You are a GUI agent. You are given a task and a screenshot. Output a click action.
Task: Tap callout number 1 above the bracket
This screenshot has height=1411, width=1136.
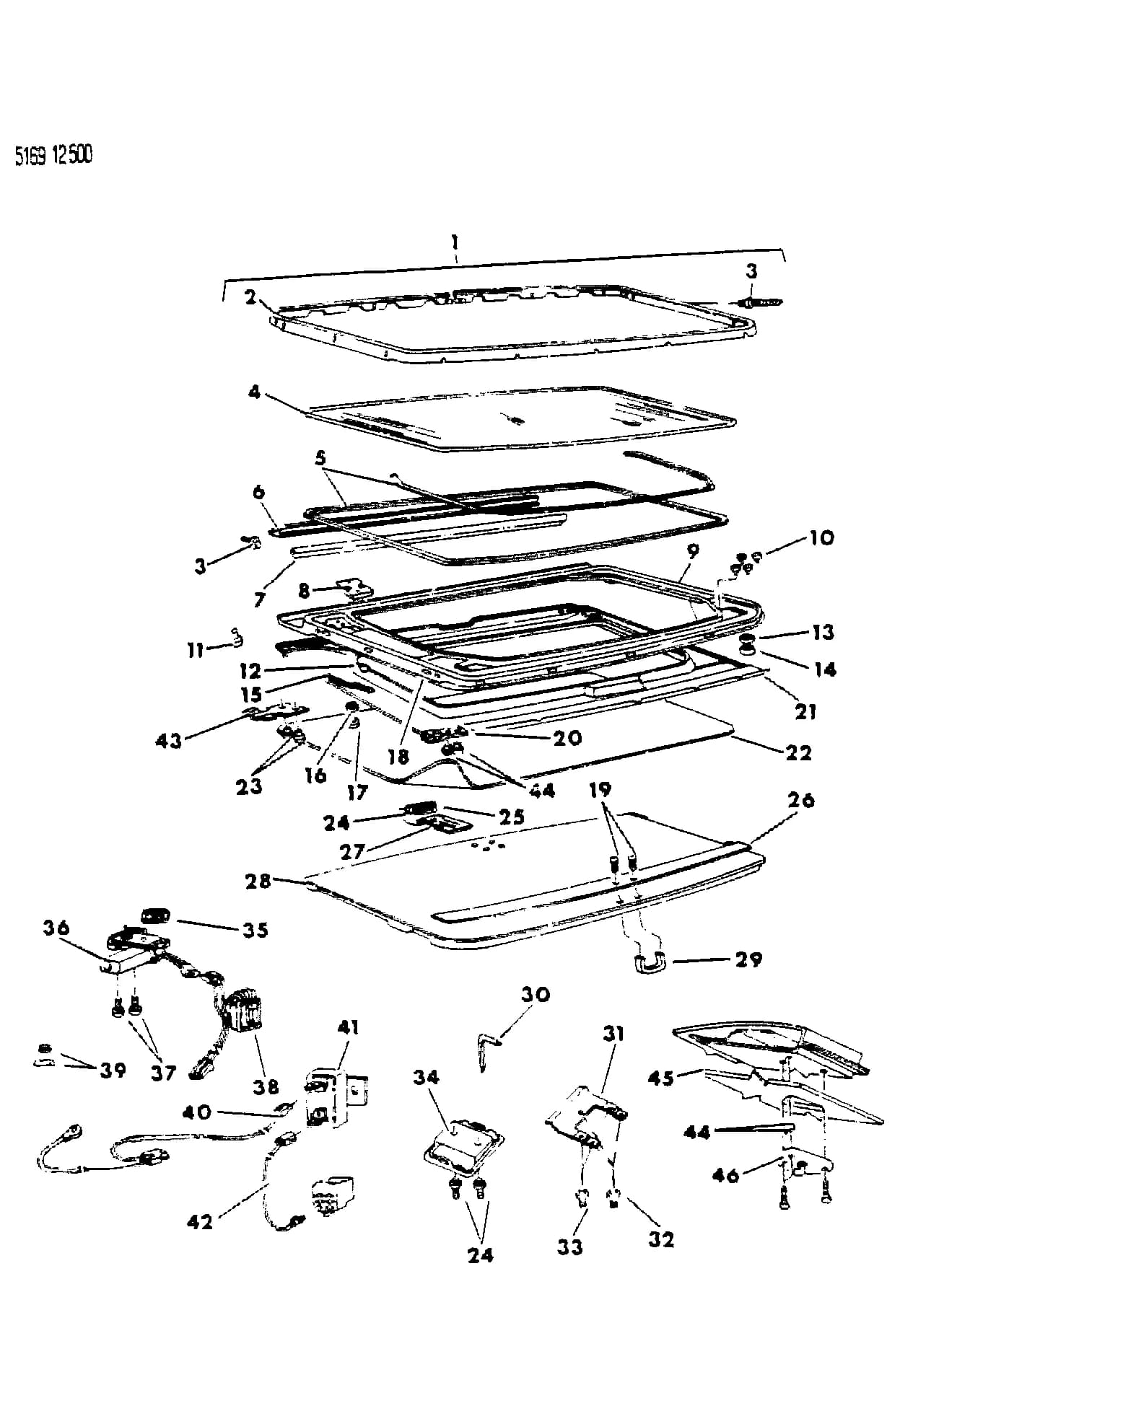click(x=455, y=241)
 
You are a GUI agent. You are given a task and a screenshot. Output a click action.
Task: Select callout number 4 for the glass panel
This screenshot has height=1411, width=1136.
click(x=254, y=394)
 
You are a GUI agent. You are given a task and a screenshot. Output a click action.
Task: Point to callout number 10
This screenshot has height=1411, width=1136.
click(x=821, y=537)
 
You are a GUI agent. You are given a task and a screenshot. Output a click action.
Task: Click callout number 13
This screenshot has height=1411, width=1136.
click(x=823, y=632)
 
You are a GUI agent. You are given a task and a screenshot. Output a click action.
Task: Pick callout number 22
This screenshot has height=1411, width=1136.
click(x=799, y=752)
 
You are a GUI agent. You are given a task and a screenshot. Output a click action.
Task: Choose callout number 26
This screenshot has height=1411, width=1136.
click(x=801, y=800)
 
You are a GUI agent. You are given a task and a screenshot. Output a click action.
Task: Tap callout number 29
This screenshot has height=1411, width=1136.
click(x=748, y=959)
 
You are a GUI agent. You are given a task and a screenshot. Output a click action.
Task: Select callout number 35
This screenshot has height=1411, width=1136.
click(x=255, y=930)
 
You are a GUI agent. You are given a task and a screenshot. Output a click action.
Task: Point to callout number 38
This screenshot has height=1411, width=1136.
click(x=266, y=1086)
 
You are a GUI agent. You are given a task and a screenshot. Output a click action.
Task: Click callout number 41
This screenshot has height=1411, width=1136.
click(x=348, y=1027)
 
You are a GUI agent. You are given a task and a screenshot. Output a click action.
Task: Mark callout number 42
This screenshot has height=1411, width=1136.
click(x=200, y=1221)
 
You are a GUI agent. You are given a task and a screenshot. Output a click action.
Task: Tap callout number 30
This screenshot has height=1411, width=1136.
click(x=536, y=994)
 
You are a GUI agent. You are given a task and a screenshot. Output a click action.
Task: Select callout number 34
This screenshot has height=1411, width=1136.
click(x=426, y=1077)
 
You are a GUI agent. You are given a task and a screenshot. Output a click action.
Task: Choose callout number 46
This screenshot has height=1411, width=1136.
click(x=726, y=1175)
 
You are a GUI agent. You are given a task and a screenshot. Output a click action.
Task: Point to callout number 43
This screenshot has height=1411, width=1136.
click(x=168, y=740)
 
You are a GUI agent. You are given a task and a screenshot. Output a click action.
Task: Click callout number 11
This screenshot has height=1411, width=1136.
click(x=195, y=650)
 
